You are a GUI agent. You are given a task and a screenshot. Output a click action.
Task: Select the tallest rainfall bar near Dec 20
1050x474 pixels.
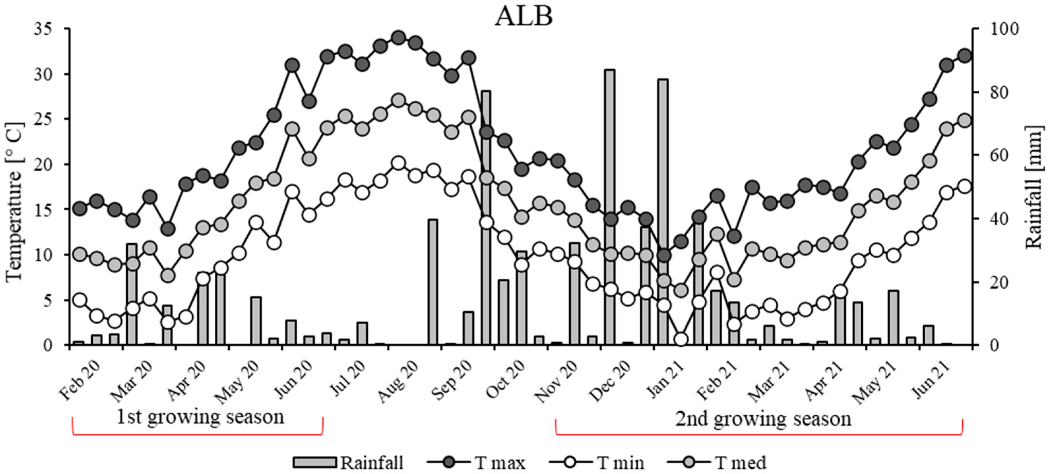coord(610,204)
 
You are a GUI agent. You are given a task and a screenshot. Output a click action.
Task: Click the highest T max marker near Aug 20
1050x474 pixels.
coord(398,38)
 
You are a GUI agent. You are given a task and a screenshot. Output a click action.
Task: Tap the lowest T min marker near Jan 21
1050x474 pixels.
coord(681,339)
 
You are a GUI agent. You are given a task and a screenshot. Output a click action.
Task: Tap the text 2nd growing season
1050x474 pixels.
coord(763,418)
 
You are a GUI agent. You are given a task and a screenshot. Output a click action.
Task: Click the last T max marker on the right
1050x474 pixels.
coord(964,56)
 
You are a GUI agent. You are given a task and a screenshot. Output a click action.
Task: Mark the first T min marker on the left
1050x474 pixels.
coord(80,300)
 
